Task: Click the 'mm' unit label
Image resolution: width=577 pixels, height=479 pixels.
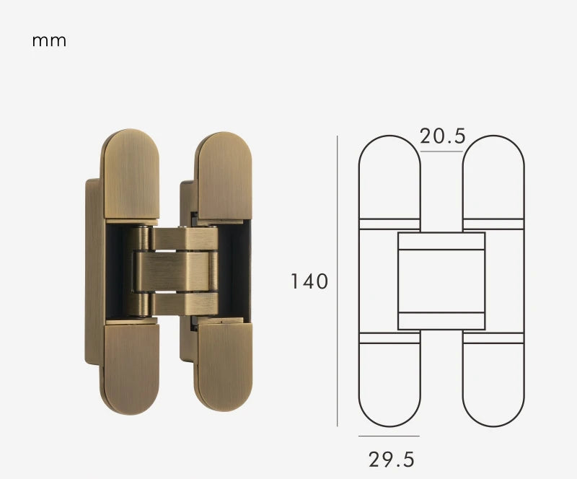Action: coord(49,40)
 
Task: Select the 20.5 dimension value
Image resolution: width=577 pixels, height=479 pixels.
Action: coord(442,136)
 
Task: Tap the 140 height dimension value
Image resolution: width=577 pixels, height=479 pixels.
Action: coord(309,281)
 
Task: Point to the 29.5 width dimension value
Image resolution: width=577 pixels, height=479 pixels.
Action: coord(392,459)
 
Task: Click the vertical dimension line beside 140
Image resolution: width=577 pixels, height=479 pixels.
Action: coord(338,281)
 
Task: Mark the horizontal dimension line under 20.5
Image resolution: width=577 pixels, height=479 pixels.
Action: coord(441,151)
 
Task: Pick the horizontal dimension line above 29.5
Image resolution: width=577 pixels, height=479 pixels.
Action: coord(389,436)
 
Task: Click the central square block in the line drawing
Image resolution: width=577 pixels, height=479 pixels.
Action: coord(441,281)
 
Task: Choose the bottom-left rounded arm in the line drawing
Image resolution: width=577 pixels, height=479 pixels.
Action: coord(389,382)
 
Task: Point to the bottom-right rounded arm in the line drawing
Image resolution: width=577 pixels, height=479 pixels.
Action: coord(493,382)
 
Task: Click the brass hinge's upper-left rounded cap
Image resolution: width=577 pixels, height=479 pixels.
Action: coord(129,173)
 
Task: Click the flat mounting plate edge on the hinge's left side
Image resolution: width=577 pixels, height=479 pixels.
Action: coord(90,274)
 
